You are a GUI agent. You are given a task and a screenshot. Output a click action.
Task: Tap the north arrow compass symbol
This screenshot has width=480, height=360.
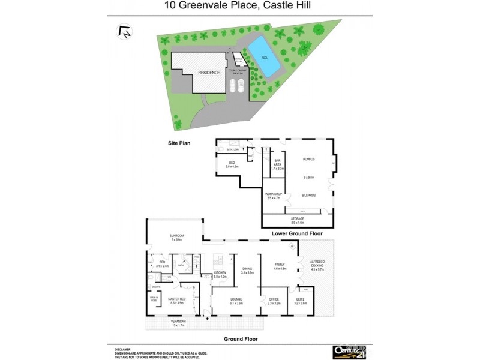coord(125,31)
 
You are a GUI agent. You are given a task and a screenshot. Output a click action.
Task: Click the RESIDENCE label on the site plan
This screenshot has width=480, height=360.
coord(200,73)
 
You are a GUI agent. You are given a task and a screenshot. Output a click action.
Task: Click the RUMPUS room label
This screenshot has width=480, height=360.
coord(309,159)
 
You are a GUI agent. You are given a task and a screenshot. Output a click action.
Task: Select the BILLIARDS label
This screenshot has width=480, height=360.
coord(309,195)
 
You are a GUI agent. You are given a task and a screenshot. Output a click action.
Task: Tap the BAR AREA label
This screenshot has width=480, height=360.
coord(277,163)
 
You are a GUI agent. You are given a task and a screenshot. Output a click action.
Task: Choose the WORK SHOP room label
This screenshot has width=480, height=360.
coord(273,195)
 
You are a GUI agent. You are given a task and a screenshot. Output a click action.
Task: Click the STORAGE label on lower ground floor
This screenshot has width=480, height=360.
coord(298,218)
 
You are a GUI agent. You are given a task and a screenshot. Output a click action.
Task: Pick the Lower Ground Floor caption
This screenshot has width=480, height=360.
coord(298,233)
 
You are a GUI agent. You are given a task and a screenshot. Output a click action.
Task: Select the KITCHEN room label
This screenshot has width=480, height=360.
coord(221,273)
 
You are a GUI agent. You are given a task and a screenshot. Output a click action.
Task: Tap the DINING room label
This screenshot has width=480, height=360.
coord(247,269)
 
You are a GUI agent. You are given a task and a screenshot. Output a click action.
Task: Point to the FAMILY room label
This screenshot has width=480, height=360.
coord(280,265)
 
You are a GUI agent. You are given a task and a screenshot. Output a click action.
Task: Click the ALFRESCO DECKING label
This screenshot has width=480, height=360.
coord(317,265)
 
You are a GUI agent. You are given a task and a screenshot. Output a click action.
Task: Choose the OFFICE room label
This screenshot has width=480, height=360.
coord(274,299)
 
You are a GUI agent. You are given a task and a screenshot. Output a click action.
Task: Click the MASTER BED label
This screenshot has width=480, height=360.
coord(176,299)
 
